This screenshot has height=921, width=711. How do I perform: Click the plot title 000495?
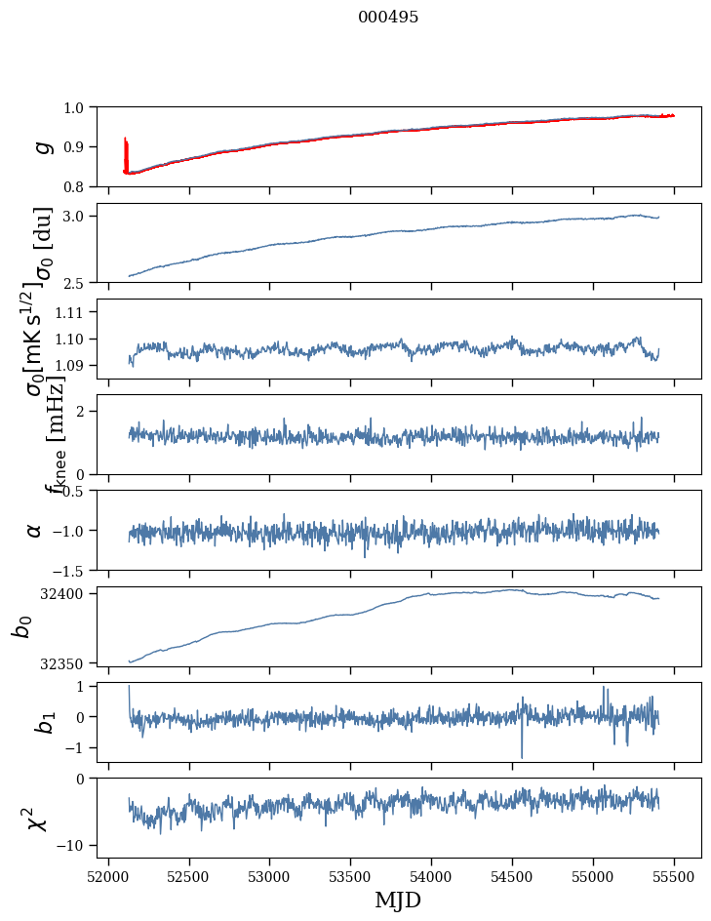click(x=388, y=18)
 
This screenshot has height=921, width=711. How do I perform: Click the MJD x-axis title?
click(x=397, y=900)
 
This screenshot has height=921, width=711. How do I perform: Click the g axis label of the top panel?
click(x=40, y=146)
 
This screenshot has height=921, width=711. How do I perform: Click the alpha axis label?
click(x=34, y=530)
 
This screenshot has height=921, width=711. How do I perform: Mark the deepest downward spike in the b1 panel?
click(x=522, y=755)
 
